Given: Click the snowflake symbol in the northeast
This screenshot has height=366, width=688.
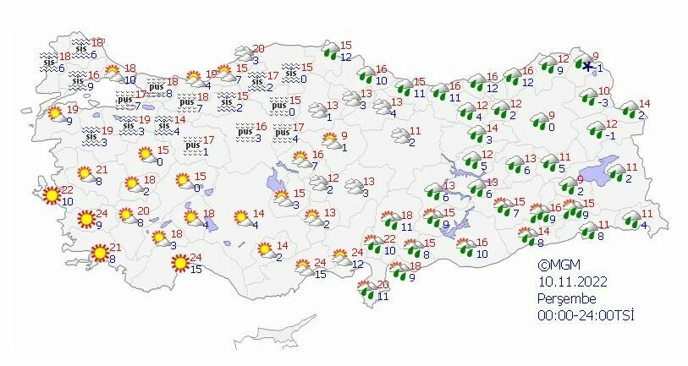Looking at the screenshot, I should (586, 65).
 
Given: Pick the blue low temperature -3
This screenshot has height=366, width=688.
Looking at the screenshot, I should (603, 102).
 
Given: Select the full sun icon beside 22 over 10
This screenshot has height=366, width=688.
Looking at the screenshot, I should (52, 196).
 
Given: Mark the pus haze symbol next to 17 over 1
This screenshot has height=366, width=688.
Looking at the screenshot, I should (194, 145).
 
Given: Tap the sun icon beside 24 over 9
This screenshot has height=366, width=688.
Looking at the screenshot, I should (85, 220).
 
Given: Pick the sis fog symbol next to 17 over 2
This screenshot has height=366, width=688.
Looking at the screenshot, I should (255, 82).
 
